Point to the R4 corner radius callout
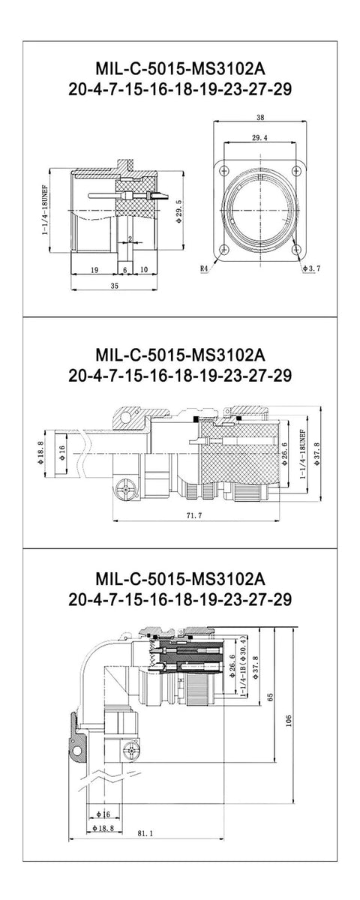(x=204, y=267)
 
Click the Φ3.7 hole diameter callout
(x=312, y=267)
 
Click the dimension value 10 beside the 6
(x=143, y=269)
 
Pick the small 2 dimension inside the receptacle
(x=130, y=239)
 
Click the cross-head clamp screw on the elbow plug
(x=134, y=748)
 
